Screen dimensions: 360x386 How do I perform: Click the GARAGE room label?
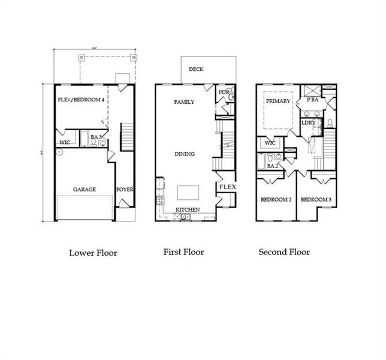click(x=85, y=190)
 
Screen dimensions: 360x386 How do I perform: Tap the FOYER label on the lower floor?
click(x=125, y=190)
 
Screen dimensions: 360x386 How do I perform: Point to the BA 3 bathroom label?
click(x=95, y=137)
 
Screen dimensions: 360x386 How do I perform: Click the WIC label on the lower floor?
click(x=65, y=142)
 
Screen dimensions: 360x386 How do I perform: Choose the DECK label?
click(x=196, y=70)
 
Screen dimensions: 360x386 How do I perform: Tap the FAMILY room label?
click(x=184, y=102)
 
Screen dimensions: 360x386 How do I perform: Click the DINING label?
click(x=185, y=154)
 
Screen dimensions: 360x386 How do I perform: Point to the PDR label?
click(x=224, y=92)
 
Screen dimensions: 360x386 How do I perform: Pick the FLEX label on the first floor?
click(x=227, y=187)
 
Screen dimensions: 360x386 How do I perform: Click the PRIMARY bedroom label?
click(x=278, y=101)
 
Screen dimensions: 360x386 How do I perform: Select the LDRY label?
click(x=309, y=122)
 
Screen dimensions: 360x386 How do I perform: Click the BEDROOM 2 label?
click(x=276, y=199)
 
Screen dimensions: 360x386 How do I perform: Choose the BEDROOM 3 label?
click(x=315, y=199)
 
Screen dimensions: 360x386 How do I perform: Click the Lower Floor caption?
click(x=93, y=253)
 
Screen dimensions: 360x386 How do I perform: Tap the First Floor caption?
click(x=183, y=252)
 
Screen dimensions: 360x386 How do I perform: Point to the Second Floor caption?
click(x=284, y=252)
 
